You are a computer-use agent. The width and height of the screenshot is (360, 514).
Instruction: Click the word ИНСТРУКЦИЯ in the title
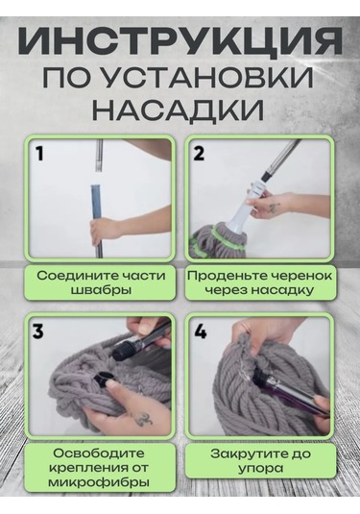coord(180,43)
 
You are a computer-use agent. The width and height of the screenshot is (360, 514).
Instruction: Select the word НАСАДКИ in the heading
coord(179,110)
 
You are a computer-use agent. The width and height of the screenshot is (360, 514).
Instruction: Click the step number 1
coord(39,154)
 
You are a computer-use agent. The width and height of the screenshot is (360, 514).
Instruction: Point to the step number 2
coord(198,153)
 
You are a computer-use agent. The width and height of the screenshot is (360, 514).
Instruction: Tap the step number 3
coord(38,331)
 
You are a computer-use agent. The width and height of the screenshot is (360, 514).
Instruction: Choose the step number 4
coord(201,331)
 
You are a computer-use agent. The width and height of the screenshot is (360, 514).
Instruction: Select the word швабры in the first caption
coord(100,290)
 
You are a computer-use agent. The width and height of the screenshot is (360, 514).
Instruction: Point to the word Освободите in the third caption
coord(99,453)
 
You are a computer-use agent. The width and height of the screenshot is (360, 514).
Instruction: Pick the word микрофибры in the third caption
coord(99,482)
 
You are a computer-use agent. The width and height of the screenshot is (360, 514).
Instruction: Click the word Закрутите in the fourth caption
coord(250,453)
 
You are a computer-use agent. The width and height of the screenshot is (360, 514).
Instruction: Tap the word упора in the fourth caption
coord(260,469)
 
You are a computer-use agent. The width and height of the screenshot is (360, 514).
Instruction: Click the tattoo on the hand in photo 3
coord(143,419)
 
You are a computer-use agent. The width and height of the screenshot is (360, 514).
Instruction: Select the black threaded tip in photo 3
coord(121,351)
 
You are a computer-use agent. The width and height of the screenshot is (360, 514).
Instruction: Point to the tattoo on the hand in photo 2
coord(274,208)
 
